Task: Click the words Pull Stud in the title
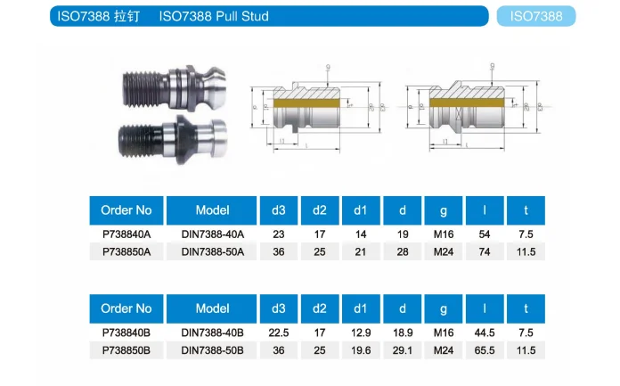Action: pos(240,16)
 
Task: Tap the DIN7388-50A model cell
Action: pos(212,251)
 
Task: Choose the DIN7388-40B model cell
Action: pos(212,333)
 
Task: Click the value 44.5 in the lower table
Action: pos(484,333)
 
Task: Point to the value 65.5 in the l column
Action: pos(484,350)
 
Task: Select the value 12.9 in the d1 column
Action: pos(361,333)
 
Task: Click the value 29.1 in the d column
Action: pos(403,350)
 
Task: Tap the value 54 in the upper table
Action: pos(484,234)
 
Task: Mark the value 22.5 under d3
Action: pos(278,333)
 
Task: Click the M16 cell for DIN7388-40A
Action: pos(443,234)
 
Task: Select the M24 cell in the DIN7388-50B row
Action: pos(443,350)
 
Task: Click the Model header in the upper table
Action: pos(212,210)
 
